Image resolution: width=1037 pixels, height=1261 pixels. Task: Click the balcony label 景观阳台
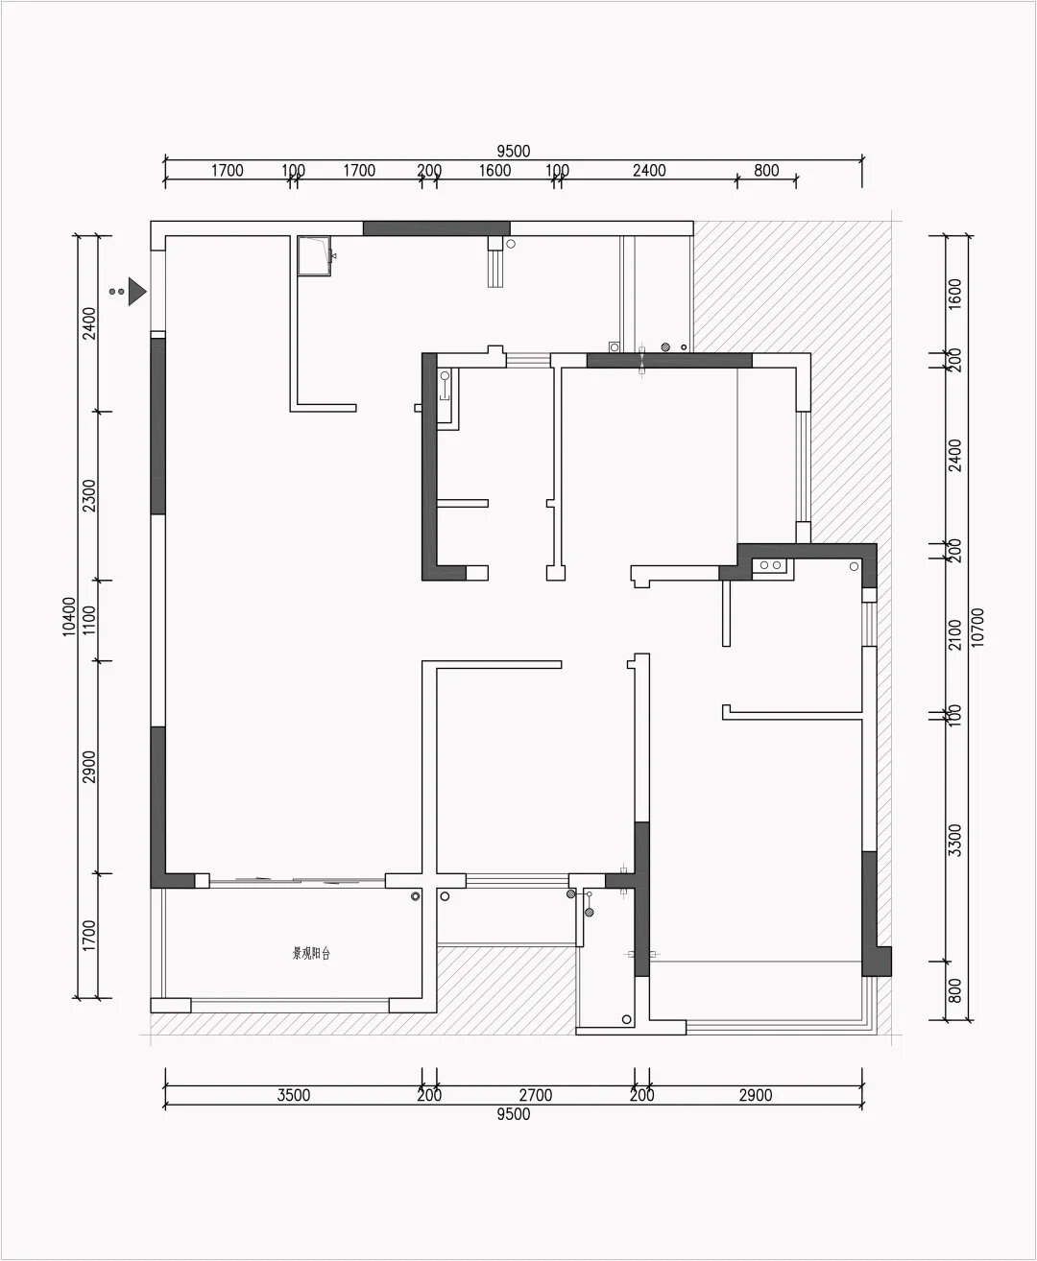tap(311, 954)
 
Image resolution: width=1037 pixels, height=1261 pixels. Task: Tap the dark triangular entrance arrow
tap(137, 291)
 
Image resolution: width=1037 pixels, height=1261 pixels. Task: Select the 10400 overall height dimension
tap(68, 616)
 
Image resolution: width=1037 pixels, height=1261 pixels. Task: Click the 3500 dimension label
tap(293, 1095)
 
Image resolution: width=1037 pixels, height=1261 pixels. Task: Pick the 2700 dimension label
tap(535, 1095)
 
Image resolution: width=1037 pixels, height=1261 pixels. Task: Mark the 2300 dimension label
tap(88, 496)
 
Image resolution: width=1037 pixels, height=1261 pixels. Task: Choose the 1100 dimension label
tap(88, 621)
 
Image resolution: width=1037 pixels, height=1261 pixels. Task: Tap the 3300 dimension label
tap(953, 841)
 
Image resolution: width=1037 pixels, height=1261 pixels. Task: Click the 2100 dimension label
tap(953, 635)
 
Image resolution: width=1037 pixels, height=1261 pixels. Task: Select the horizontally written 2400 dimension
tap(648, 171)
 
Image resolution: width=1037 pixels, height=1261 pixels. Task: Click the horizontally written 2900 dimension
tap(755, 1095)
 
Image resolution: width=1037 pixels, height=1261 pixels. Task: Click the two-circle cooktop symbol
tap(770, 566)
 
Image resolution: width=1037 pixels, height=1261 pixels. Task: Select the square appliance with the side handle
tap(314, 255)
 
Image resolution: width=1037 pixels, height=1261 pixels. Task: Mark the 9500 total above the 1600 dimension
tap(513, 151)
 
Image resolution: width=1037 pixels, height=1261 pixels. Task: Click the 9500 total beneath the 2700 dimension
tap(513, 1114)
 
